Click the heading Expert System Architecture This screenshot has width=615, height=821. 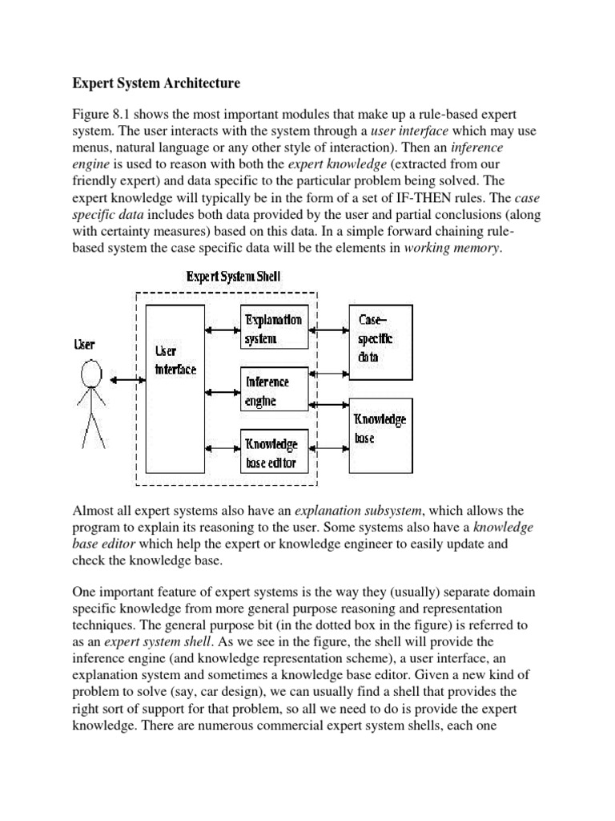156,83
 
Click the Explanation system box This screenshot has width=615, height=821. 274,329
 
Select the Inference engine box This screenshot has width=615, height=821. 274,390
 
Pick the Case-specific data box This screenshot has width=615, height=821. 380,337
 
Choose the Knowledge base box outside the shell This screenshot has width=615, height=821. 380,437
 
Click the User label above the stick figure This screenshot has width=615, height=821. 84,345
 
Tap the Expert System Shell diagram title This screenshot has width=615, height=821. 233,277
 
